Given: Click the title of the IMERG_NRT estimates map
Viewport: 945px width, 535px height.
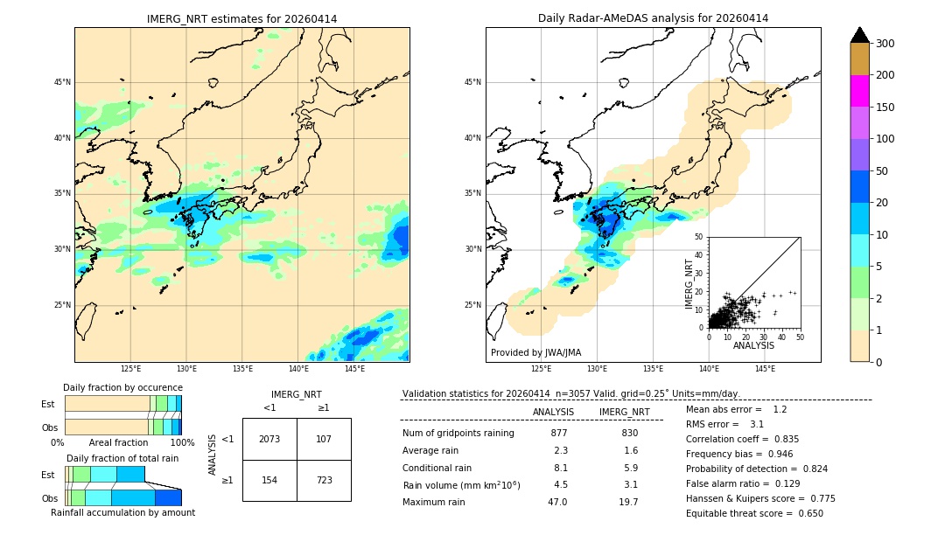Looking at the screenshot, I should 241,18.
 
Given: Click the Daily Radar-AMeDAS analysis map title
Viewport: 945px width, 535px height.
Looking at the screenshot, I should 653,18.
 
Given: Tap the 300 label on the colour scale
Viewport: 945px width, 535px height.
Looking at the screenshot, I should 886,44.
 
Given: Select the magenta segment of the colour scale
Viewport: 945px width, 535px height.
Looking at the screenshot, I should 860,91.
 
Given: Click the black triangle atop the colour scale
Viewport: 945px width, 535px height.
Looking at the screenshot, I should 860,35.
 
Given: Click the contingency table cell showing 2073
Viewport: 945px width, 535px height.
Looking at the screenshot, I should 269,439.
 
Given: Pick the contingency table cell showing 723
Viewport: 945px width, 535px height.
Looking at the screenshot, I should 324,481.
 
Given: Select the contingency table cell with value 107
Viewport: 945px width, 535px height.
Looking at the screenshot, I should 324,439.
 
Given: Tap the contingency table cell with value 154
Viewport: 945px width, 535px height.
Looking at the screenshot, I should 269,481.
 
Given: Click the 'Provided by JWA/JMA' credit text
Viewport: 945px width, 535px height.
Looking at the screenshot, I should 535,353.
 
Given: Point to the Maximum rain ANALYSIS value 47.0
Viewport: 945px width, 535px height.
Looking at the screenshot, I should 557,502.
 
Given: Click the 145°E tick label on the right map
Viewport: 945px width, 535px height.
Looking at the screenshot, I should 765,369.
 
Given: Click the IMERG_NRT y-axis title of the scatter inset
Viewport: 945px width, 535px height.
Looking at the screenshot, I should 689,283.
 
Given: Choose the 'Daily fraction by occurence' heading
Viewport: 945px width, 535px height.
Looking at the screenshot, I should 122,387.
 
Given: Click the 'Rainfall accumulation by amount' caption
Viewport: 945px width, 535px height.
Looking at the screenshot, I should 122,512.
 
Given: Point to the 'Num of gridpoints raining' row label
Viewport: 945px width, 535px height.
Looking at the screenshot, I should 458,433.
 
